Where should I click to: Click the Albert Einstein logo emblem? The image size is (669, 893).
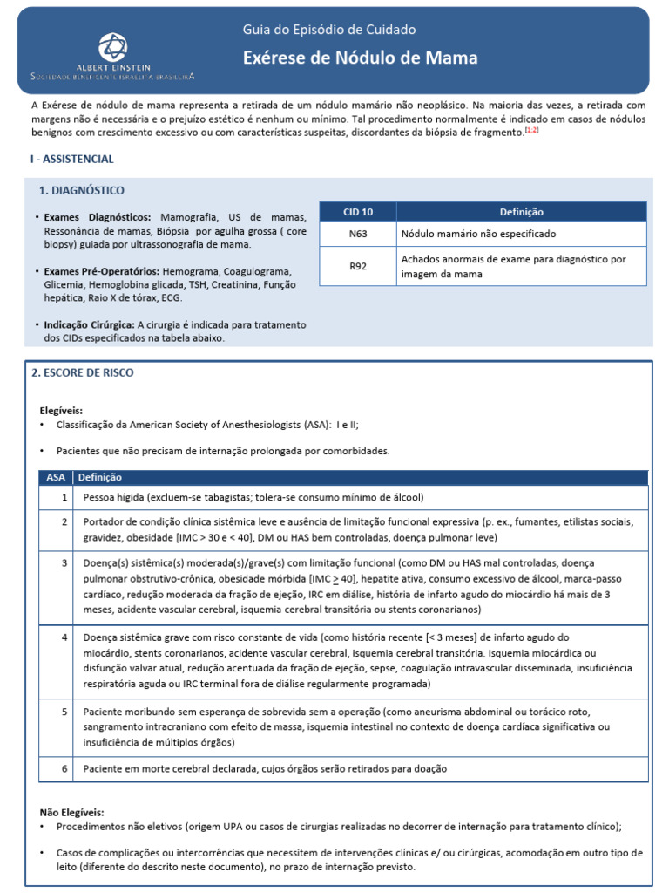[x=111, y=46]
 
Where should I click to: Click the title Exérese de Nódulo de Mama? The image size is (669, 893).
[x=360, y=58]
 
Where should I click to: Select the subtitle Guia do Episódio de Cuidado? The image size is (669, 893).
[x=328, y=30]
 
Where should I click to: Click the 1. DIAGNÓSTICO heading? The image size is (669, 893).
[x=82, y=190]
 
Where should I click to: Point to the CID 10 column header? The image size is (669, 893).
[x=358, y=212]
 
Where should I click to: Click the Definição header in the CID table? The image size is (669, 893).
[x=521, y=212]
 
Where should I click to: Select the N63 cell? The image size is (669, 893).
[x=358, y=234]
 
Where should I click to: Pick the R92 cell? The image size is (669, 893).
[x=358, y=266]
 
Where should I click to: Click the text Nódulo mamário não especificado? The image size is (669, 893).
[x=478, y=234]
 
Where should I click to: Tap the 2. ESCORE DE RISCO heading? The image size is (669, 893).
[x=83, y=372]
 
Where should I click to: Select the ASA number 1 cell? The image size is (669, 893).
[x=64, y=497]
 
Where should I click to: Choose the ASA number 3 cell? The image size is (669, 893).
[x=64, y=562]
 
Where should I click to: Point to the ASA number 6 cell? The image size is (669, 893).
[x=64, y=768]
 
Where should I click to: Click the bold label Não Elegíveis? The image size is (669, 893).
[x=71, y=811]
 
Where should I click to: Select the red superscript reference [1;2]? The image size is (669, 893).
[x=531, y=129]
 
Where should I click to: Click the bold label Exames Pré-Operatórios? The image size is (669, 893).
[x=101, y=271]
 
